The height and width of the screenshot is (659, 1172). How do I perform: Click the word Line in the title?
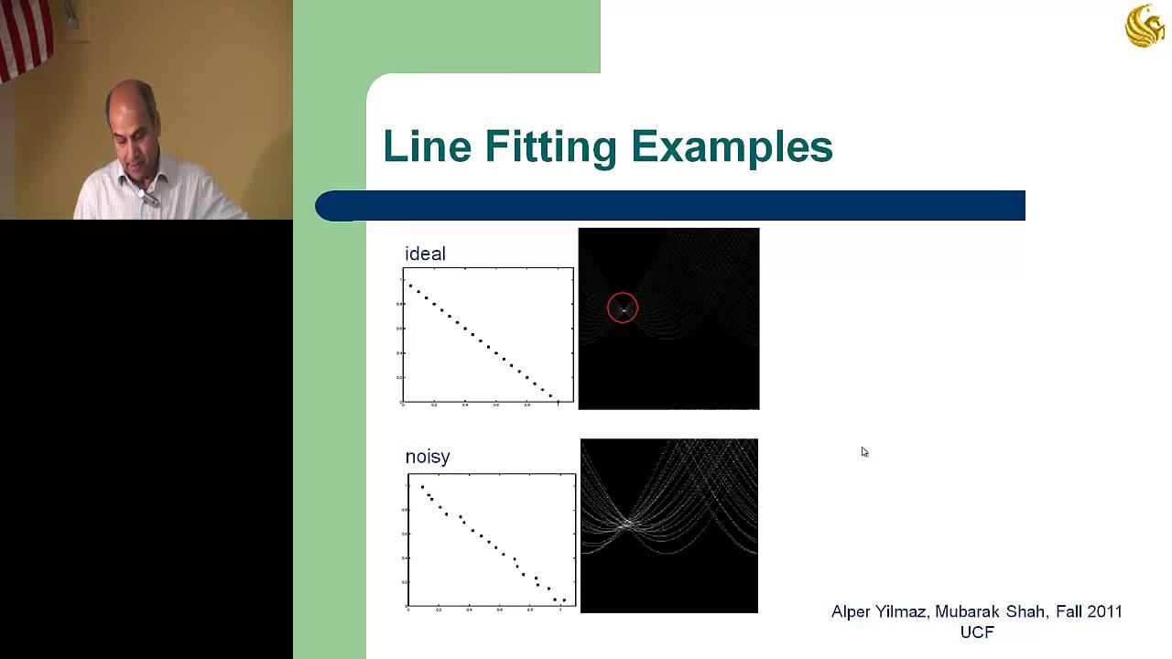(426, 146)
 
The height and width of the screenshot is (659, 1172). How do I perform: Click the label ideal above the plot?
(425, 254)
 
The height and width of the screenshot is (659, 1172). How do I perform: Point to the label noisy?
(428, 457)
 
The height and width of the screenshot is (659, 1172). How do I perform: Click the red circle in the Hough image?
(623, 308)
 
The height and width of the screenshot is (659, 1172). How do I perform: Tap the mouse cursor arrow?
(864, 451)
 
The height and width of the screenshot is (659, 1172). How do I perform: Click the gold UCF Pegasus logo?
(1145, 26)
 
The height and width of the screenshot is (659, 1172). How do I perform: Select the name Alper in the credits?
(852, 611)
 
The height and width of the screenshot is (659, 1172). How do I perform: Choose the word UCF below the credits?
(977, 632)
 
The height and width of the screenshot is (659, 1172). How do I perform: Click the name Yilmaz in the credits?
(904, 611)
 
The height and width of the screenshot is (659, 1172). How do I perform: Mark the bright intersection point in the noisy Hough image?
(628, 524)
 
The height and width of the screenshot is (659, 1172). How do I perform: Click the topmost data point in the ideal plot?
(410, 286)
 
